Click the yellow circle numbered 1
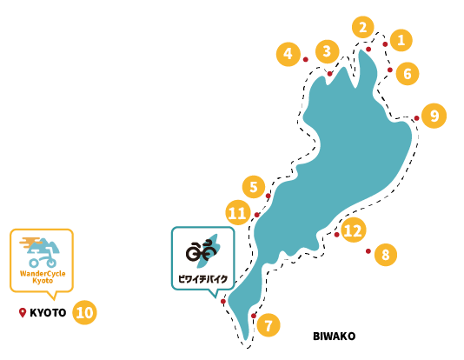pyautogui.click(x=401, y=40)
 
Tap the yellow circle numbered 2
pyautogui.click(x=363, y=27)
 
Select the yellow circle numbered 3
pyautogui.click(x=327, y=51)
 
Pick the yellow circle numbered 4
pyautogui.click(x=288, y=54)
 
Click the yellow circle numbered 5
pyautogui.click(x=254, y=187)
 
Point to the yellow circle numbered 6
pyautogui.click(x=408, y=74)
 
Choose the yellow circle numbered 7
pyautogui.click(x=268, y=325)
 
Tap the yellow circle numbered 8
pyautogui.click(x=386, y=254)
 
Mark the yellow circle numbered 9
pyautogui.click(x=434, y=116)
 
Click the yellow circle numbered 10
pyautogui.click(x=84, y=312)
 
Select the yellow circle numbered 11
pyautogui.click(x=237, y=213)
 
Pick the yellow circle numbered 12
pyautogui.click(x=354, y=230)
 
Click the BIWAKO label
pyautogui.click(x=334, y=337)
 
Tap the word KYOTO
pyautogui.click(x=48, y=313)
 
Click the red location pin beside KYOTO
pyautogui.click(x=23, y=312)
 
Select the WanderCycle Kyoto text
pyautogui.click(x=43, y=277)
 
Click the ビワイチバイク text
pyautogui.click(x=203, y=279)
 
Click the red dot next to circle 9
pyautogui.click(x=417, y=118)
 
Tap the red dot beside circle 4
pyautogui.click(x=306, y=59)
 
